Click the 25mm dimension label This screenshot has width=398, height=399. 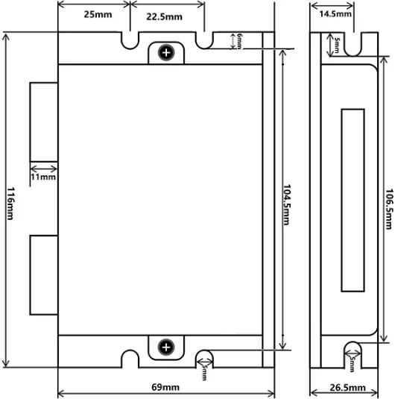pyautogui.click(x=98, y=14)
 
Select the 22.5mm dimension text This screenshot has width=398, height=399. pyautogui.click(x=164, y=17)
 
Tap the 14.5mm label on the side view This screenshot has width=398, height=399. pyautogui.click(x=335, y=13)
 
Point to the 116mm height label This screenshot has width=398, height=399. pyautogui.click(x=10, y=204)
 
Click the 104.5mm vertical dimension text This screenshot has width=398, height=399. pyautogui.click(x=287, y=205)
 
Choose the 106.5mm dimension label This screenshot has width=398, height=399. pyautogui.click(x=389, y=209)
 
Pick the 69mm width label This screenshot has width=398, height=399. pyautogui.click(x=165, y=387)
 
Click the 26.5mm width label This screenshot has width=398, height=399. pyautogui.click(x=347, y=388)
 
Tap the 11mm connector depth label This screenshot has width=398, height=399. pyautogui.click(x=43, y=177)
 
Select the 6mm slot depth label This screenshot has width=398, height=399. pyautogui.click(x=239, y=41)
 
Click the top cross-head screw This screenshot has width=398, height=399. pyautogui.click(x=166, y=53)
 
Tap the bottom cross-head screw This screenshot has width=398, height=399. pyautogui.click(x=166, y=347)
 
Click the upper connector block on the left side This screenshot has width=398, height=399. pyautogui.click(x=44, y=122)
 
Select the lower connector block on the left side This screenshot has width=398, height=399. pyautogui.click(x=44, y=275)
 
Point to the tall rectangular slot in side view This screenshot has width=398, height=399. pyautogui.click(x=353, y=201)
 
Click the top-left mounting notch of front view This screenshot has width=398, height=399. pyautogui.click(x=130, y=41)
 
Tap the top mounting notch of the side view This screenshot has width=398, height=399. pyautogui.click(x=353, y=44)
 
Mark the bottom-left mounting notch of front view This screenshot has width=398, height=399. pyautogui.click(x=130, y=359)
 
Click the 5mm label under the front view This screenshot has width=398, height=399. pyautogui.click(x=204, y=374)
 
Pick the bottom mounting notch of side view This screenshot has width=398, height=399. pyautogui.click(x=353, y=354)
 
